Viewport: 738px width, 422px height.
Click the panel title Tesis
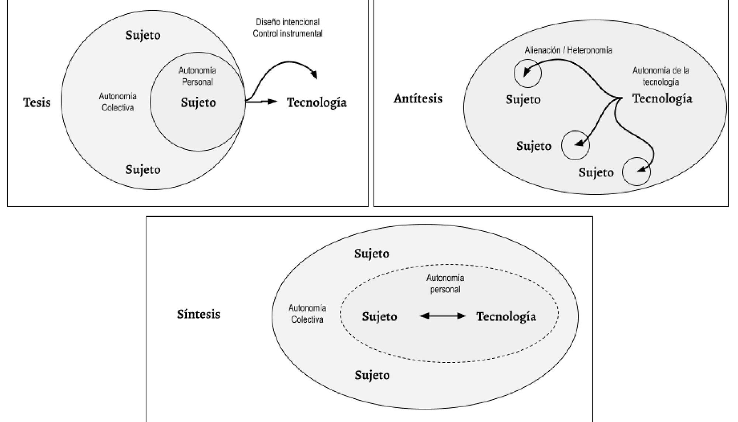[37, 102]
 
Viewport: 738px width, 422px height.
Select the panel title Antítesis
[418, 99]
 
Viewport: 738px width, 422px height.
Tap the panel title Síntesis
[199, 314]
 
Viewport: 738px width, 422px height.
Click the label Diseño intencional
[288, 22]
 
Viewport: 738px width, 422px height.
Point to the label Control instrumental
[287, 34]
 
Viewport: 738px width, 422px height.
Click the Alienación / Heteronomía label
[568, 50]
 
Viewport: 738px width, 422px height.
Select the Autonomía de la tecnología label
[661, 76]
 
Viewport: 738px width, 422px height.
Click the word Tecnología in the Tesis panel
[317, 103]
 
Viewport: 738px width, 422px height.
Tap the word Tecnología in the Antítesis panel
[662, 99]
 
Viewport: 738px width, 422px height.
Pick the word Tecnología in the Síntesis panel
[506, 316]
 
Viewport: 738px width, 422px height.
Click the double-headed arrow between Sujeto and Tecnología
[443, 316]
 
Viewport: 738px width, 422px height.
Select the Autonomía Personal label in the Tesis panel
[197, 76]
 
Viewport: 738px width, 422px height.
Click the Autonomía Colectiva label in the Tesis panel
[118, 102]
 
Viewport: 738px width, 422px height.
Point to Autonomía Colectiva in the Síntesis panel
[307, 314]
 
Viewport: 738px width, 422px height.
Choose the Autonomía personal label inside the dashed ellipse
[445, 283]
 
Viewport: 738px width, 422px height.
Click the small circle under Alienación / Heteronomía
[528, 73]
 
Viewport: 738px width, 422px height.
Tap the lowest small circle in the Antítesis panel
[636, 171]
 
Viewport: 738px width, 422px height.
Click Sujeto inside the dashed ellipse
[379, 316]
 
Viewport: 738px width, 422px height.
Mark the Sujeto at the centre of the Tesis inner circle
[198, 102]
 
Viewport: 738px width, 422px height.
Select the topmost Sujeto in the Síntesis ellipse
[372, 254]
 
